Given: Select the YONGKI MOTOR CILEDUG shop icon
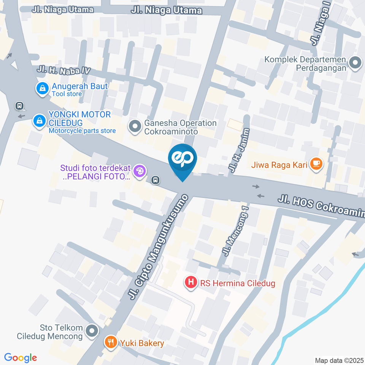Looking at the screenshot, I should [x=39, y=121].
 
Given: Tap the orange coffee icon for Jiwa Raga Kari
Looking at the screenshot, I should [x=316, y=164].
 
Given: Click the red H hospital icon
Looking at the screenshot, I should [x=190, y=282].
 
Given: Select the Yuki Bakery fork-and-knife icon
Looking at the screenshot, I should [x=111, y=343].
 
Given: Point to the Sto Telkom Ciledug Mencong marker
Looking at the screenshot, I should [x=92, y=331].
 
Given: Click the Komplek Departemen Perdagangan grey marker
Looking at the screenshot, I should [x=355, y=62].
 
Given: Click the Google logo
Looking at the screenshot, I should [x=21, y=358].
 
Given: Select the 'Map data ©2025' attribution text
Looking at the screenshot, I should [x=339, y=360].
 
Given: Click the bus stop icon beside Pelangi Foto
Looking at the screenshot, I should [x=155, y=180].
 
